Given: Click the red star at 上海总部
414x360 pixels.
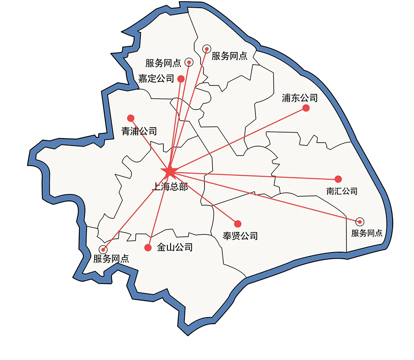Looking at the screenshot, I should pos(169,172).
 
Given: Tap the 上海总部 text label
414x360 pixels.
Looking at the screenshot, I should pos(170,187).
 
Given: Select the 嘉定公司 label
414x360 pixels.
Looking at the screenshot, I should pos(156,78).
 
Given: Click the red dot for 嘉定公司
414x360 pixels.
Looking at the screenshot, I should pos(181,79).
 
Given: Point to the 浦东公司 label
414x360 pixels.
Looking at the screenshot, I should pos(300,98).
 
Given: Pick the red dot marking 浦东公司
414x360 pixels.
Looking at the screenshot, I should pos(306,108).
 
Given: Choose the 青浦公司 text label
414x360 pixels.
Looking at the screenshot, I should pos(139,131).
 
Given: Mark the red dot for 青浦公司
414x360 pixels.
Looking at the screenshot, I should pos(131,118).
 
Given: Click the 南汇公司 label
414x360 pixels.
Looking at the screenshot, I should pos(342,191).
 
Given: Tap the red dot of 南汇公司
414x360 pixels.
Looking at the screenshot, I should pos(338,179).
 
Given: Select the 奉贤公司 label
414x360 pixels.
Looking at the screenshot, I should pos(240,236).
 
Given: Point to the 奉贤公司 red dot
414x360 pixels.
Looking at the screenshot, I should pos(238,223).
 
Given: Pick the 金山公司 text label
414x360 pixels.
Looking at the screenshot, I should pos(175,247).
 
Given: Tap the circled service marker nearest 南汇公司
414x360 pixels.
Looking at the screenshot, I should pos(359,221).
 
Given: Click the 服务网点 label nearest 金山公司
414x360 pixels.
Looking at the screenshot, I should pos(111,259).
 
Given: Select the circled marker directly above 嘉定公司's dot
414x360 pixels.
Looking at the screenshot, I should pos(189,62).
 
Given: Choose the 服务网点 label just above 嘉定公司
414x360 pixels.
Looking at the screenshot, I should pos(163,63).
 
